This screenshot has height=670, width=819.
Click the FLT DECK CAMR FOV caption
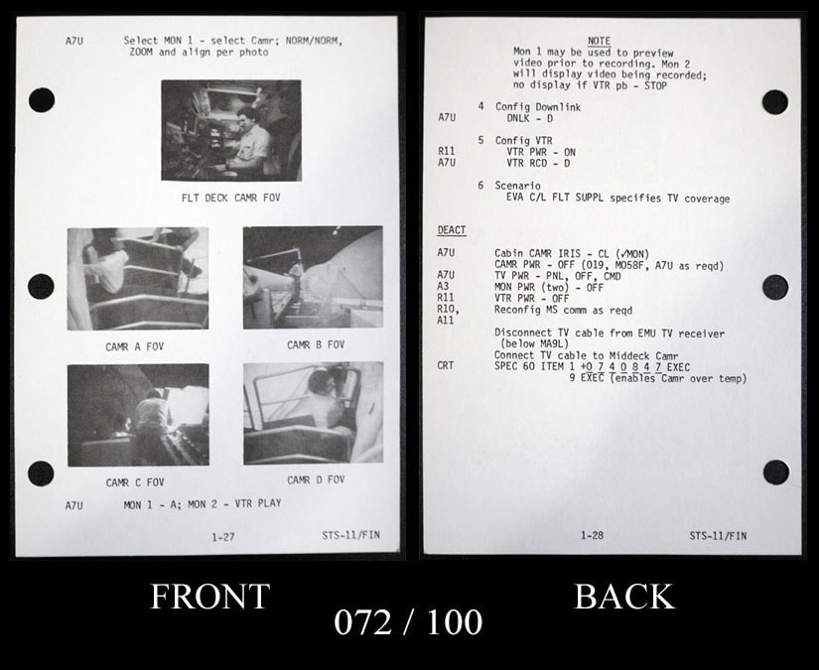[x=231, y=198]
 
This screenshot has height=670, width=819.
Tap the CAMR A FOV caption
[x=135, y=346]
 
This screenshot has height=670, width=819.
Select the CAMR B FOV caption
[x=316, y=344]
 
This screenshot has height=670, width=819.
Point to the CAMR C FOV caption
[x=135, y=482]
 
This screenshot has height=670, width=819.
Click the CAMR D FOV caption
[x=316, y=479]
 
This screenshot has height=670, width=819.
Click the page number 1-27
[x=223, y=537]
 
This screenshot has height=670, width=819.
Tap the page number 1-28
[x=593, y=535]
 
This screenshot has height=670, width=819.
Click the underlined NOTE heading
[x=599, y=41]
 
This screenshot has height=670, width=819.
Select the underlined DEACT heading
[x=452, y=230]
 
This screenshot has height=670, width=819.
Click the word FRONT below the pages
[x=210, y=596]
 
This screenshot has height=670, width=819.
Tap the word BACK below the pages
[x=624, y=596]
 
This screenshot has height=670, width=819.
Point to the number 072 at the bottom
[x=362, y=622]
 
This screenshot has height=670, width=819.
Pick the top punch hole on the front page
[x=42, y=99]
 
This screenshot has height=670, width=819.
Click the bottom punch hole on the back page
[x=775, y=472]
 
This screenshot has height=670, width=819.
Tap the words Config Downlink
[x=538, y=107]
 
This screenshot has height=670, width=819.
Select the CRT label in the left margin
[x=446, y=365]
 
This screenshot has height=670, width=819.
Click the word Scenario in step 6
[x=517, y=186]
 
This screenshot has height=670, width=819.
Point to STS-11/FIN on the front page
[x=351, y=535]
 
